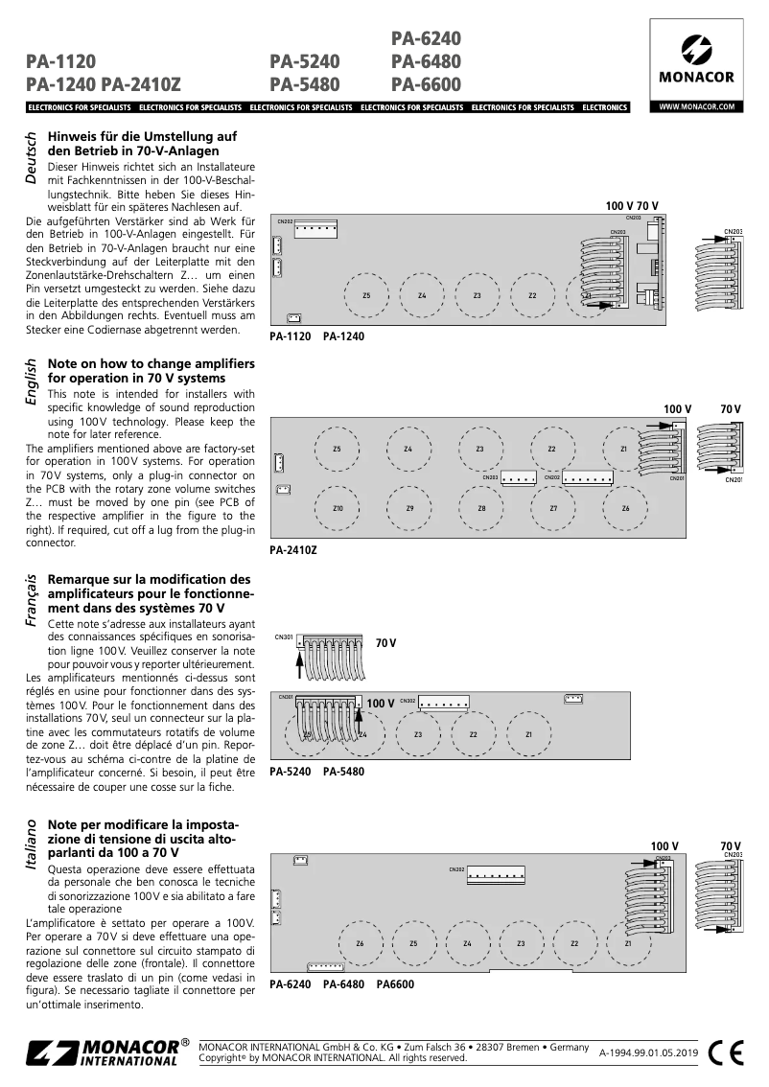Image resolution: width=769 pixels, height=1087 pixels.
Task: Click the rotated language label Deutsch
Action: (x=31, y=159)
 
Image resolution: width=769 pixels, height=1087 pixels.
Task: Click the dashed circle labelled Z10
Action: (x=337, y=508)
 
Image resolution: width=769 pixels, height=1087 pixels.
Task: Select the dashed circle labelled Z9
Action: (x=409, y=508)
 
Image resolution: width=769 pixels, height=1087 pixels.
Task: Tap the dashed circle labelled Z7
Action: (x=553, y=508)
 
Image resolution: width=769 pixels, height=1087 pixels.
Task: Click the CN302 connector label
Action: (x=407, y=701)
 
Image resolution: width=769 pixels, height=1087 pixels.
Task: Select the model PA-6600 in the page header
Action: (x=427, y=84)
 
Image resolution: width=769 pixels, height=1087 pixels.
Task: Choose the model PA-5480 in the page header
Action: (x=305, y=84)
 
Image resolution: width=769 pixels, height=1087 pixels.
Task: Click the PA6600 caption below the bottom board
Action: (x=395, y=984)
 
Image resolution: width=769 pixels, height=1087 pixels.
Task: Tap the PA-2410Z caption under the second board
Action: (x=293, y=551)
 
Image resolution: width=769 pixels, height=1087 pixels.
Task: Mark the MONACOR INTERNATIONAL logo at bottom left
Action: (x=104, y=1052)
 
